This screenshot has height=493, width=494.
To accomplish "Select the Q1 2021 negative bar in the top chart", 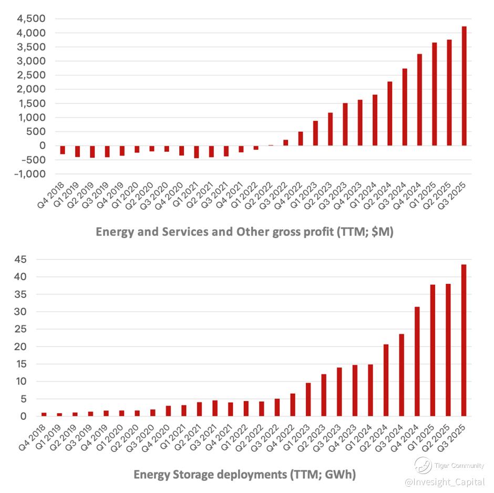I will tap(197, 152).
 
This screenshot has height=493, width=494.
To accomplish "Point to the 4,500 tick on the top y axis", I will tap(31, 19).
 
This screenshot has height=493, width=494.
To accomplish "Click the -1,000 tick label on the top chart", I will tap(29, 174).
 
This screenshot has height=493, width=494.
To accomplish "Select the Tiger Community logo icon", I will tap(423, 465).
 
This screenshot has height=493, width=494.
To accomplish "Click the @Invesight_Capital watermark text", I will tap(445, 482).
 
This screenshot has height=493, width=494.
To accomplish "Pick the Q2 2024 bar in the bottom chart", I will tap(386, 381).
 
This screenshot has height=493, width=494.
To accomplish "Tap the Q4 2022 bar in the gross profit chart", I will tap(301, 139).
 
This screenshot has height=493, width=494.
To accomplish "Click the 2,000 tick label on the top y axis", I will tap(31, 89).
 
